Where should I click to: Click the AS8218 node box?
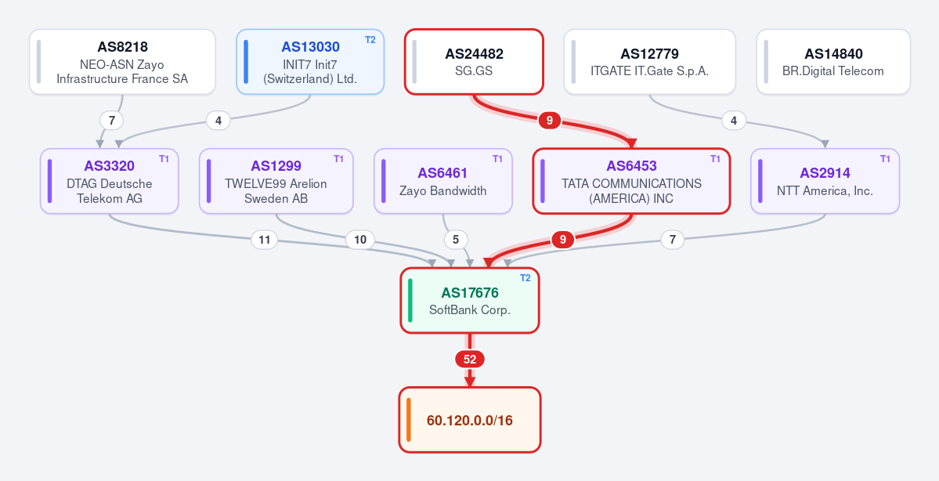point(122,62)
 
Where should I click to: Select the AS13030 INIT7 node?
point(310,62)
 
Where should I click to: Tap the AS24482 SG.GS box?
point(474,62)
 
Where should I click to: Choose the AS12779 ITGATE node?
point(650,62)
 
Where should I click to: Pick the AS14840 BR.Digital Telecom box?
point(833,62)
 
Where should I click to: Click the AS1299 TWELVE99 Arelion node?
point(276,181)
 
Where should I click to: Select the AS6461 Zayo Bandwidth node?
point(443,181)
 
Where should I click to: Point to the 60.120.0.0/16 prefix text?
point(470,421)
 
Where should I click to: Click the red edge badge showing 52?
point(470,360)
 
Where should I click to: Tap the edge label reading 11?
point(264,240)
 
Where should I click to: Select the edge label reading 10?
point(360,240)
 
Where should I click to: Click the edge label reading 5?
point(456,240)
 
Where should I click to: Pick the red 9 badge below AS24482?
point(550,121)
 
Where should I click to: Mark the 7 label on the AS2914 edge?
point(673,240)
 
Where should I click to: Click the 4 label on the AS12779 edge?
point(734,121)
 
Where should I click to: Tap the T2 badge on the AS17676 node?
point(525,278)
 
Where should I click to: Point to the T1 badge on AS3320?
point(164,159)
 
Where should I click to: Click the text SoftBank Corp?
point(470,310)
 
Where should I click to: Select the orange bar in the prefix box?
point(409,420)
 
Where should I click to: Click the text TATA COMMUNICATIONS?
point(631,184)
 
